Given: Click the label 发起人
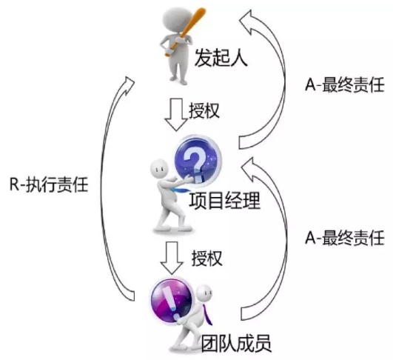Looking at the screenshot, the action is [221, 58].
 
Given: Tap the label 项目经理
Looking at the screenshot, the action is [225, 201].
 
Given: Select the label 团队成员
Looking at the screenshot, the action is [236, 343].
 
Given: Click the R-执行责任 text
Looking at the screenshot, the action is [49, 184].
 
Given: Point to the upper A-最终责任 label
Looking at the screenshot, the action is [345, 84].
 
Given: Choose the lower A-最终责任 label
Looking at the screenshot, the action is [345, 237].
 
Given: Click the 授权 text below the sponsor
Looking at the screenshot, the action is [204, 110].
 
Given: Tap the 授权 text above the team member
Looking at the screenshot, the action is [207, 258].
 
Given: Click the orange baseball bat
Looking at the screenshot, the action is [185, 31].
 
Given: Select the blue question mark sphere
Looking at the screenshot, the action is [198, 160].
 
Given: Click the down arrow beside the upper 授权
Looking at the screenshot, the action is [176, 114].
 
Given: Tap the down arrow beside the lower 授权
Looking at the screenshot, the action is [172, 258].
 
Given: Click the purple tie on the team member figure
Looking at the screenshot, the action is [207, 313].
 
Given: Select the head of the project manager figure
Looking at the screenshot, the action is [159, 169].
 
